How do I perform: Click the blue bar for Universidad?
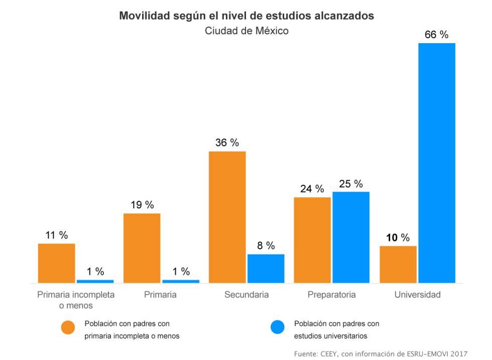click(x=437, y=163)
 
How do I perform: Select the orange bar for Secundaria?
click(x=227, y=217)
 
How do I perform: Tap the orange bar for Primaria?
click(x=142, y=248)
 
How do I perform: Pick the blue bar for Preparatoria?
click(x=351, y=237)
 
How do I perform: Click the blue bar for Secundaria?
click(x=266, y=268)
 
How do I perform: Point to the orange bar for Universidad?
click(x=398, y=264)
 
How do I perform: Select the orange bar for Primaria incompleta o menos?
click(x=57, y=263)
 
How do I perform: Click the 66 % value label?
click(x=436, y=35)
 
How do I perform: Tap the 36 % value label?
click(x=227, y=143)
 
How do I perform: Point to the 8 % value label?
click(x=266, y=246)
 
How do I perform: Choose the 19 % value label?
click(x=142, y=205)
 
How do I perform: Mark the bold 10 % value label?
click(x=398, y=237)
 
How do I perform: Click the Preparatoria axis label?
click(x=331, y=295)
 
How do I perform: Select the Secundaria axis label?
click(x=246, y=295)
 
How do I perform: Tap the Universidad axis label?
click(x=417, y=295)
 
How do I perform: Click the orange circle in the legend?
click(x=68, y=327)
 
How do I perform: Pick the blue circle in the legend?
click(x=277, y=327)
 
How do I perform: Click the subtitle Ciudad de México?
click(x=247, y=31)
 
